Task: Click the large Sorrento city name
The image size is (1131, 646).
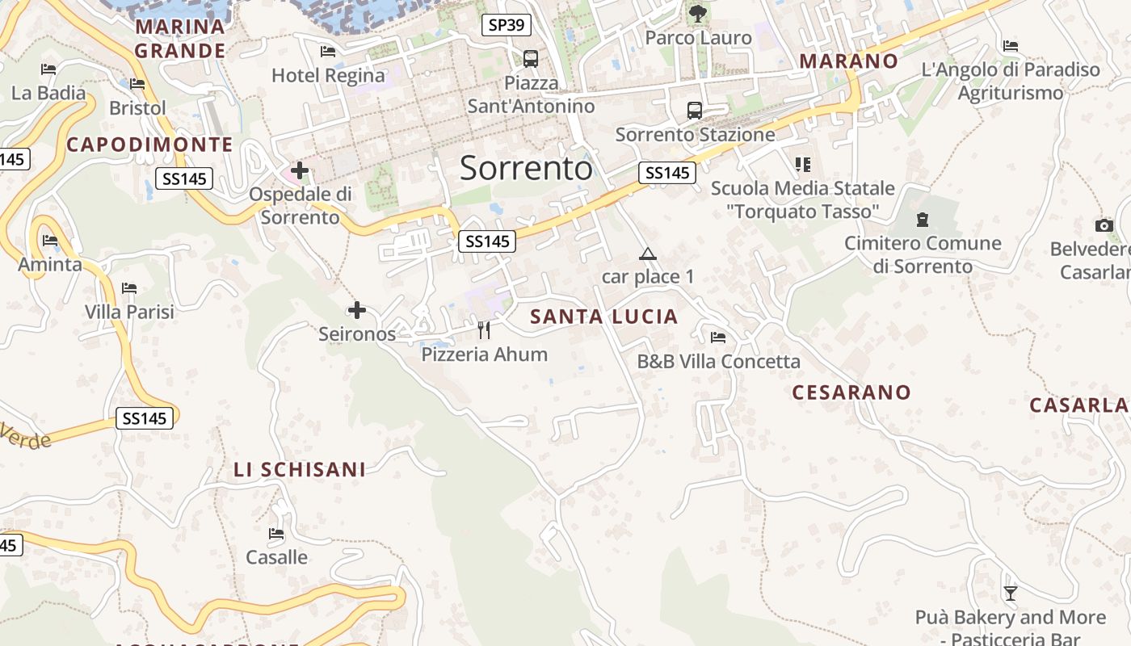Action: click(x=526, y=168)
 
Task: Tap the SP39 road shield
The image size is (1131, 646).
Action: click(x=507, y=25)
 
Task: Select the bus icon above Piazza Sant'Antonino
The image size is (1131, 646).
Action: click(x=531, y=58)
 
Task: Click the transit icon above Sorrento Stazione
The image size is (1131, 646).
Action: click(x=694, y=110)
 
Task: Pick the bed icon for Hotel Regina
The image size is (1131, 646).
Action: click(x=328, y=52)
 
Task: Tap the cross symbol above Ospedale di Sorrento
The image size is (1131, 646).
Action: click(x=300, y=170)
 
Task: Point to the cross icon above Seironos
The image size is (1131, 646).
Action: click(x=356, y=310)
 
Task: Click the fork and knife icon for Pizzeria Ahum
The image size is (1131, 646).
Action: click(x=484, y=329)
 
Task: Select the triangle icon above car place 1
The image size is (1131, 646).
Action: click(x=647, y=254)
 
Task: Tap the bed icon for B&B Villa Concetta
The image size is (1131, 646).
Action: click(x=717, y=338)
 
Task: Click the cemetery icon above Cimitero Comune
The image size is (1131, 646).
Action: click(x=922, y=219)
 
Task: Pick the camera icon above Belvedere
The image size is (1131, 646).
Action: click(x=1104, y=225)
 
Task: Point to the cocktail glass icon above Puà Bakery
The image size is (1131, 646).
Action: click(x=1010, y=594)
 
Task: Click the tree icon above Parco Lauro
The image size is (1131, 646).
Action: click(x=698, y=13)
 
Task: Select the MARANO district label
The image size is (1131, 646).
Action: click(x=848, y=61)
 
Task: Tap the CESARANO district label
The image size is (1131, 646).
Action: click(x=851, y=392)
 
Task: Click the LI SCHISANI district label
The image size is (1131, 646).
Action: click(x=300, y=469)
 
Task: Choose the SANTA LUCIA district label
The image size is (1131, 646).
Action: click(x=603, y=317)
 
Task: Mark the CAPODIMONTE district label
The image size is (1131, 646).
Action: click(x=149, y=145)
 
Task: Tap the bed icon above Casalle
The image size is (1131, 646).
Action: click(x=276, y=534)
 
